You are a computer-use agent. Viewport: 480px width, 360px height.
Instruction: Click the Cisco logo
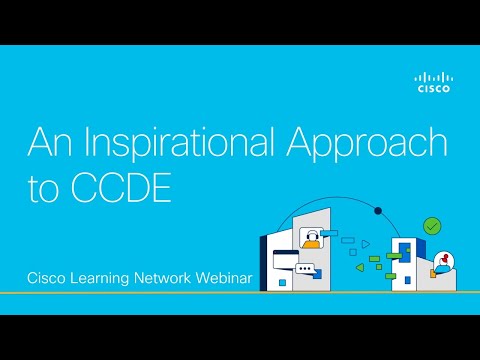point(433,81)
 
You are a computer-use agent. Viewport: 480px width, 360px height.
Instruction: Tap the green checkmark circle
point(432,226)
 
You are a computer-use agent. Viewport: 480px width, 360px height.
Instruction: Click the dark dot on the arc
point(378,211)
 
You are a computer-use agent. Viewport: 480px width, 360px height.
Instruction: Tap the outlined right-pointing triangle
point(365,242)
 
